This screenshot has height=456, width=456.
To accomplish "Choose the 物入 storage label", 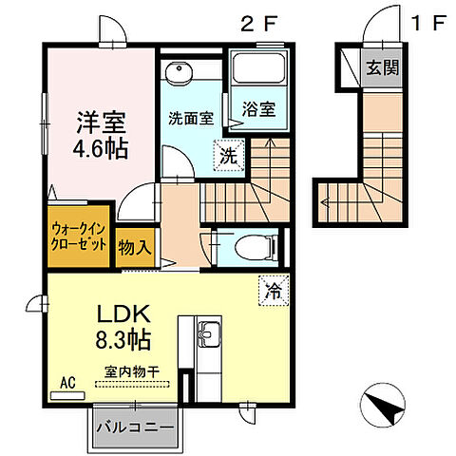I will click(134, 248).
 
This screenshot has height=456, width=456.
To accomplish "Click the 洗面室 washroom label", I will click(191, 119).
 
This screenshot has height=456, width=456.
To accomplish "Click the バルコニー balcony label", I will click(133, 429).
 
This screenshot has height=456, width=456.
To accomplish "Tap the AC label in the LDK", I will click(67, 383).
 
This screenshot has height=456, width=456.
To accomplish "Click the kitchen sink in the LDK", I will click(209, 333).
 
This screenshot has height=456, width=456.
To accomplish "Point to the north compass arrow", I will click(389, 408).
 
